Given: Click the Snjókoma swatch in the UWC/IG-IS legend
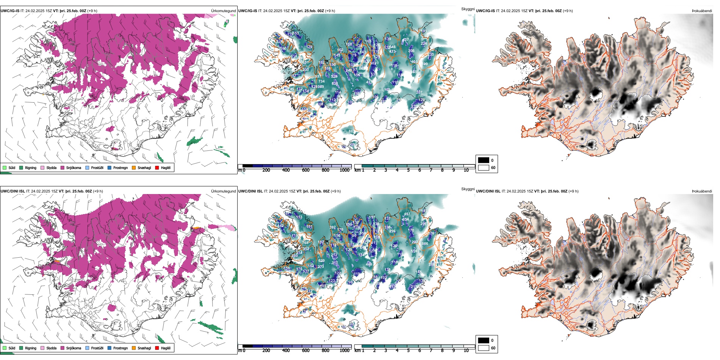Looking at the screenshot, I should pos(63,167).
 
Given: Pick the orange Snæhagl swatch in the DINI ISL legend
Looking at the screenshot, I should pos(134,348).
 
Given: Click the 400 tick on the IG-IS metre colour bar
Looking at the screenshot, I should pos(286,170).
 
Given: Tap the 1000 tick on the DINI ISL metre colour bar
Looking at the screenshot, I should pos(344,351).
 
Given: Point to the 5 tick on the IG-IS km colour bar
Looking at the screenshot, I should pos(408,170).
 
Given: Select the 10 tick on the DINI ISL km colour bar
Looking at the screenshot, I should pos(466,351).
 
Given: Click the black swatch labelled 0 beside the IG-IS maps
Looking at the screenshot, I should pos(484,160).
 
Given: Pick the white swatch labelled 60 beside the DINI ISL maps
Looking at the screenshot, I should pos(484,348).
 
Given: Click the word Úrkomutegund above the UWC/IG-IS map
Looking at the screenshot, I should pos(223,11).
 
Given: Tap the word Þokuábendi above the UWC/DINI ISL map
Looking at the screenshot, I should pos(702,191).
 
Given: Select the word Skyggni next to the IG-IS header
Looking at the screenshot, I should pos(468,9).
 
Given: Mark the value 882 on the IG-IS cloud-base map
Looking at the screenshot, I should pos(351,131).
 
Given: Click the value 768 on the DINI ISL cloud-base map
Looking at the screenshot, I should pos(305,243).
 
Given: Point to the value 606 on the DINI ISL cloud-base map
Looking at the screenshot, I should pos(425,243).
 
